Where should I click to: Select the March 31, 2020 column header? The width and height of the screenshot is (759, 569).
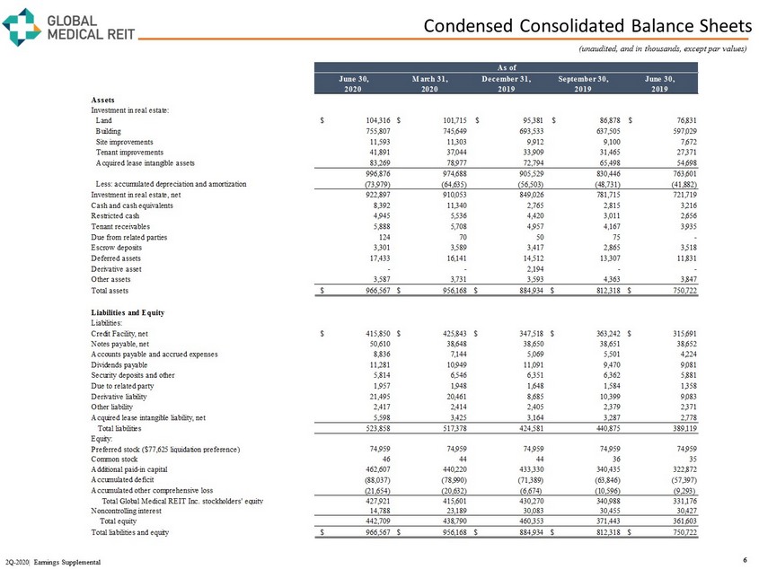coord(435,83)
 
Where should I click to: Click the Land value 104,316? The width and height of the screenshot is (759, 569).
coord(368,119)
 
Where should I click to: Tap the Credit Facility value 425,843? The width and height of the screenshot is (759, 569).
coord(446,333)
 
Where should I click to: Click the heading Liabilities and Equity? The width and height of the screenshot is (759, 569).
coord(133,311)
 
